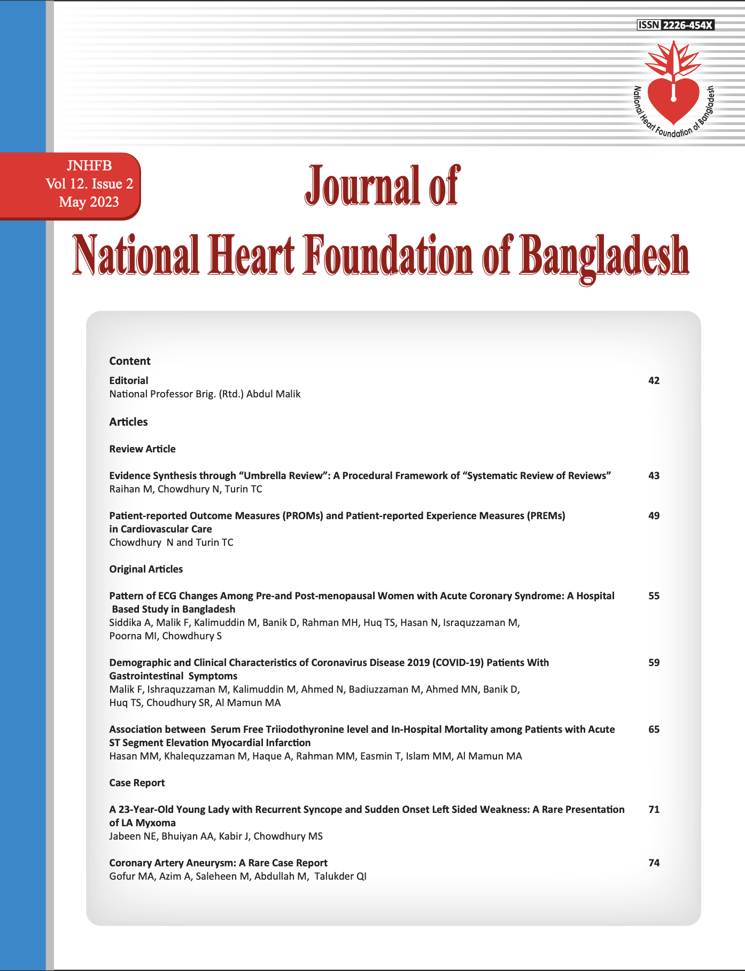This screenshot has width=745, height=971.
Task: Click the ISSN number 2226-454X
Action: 687,25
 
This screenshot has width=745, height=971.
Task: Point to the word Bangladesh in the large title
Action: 604,256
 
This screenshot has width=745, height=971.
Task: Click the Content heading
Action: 130,361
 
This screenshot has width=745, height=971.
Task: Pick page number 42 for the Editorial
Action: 654,381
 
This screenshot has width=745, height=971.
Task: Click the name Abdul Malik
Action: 273,394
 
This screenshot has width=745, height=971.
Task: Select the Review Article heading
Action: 142,449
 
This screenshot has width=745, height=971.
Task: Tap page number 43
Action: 654,476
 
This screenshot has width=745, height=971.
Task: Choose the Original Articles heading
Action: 146,569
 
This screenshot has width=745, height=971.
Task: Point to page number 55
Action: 654,596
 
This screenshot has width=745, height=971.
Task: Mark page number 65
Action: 654,730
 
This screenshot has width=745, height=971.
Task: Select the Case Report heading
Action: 137,783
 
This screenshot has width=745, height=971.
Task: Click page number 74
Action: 654,863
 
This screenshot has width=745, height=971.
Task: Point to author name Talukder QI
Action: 340,876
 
